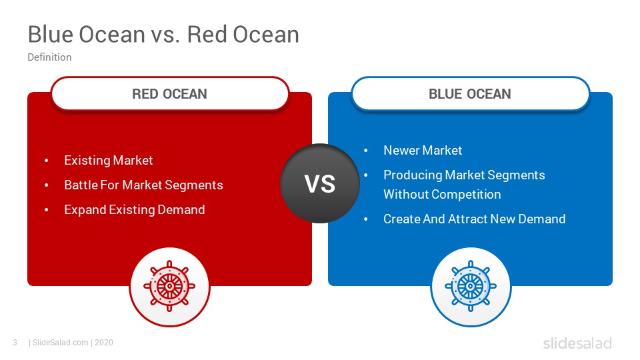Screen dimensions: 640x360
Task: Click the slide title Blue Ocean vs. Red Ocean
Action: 163,34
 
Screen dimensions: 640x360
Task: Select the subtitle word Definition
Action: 49,57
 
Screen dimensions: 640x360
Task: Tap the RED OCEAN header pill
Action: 170,93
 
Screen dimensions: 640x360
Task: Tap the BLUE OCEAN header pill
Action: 470,93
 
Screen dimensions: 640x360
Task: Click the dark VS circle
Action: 320,183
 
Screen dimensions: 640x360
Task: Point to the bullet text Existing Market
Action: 108,161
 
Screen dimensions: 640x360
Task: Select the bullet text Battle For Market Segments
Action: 143,185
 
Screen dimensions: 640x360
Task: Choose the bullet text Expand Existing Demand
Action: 134,210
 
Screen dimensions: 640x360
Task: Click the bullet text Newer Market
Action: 423,150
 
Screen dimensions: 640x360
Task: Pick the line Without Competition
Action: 442,194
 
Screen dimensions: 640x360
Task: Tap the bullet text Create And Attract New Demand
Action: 474,219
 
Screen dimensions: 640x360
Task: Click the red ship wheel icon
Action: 169,287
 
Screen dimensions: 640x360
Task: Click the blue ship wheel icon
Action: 471,287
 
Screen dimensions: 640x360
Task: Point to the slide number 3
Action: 15,343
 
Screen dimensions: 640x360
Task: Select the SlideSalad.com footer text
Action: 61,343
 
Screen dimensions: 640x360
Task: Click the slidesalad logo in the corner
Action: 577,343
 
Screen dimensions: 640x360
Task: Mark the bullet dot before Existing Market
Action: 47,161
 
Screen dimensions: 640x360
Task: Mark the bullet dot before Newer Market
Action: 366,151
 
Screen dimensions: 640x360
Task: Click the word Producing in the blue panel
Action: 412,175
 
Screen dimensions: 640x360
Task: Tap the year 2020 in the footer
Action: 104,343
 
